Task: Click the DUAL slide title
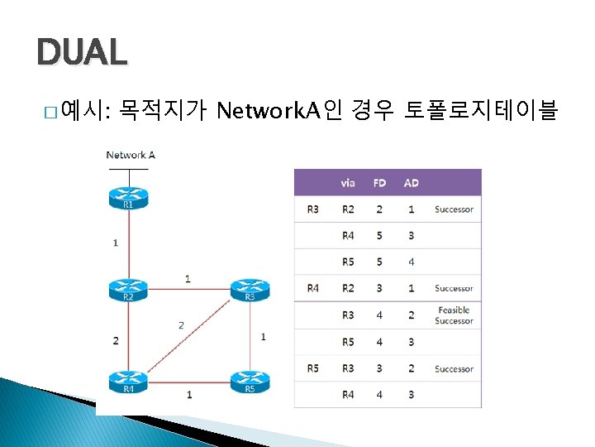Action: [x=82, y=53]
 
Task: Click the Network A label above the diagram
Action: [x=131, y=155]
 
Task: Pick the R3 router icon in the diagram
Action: [x=250, y=290]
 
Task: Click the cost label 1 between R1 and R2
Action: [x=116, y=243]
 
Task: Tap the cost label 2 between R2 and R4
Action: [x=116, y=340]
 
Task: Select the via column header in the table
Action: [x=348, y=183]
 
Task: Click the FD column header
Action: [x=380, y=183]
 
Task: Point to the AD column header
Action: [x=411, y=183]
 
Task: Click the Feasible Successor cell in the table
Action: [x=454, y=315]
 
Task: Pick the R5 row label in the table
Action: [x=312, y=368]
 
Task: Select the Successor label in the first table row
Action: [x=454, y=209]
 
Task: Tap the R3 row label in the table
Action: [x=312, y=209]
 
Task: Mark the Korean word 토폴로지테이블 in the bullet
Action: [x=480, y=108]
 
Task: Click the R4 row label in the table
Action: [x=312, y=288]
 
